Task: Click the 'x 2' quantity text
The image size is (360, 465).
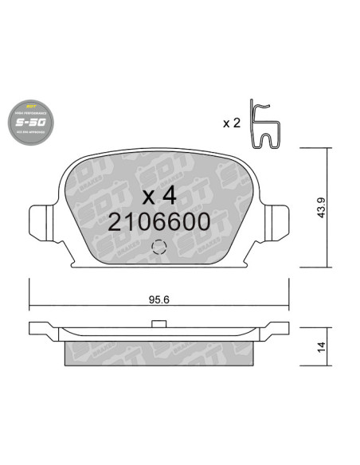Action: (230, 124)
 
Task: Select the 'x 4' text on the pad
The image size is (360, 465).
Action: (158, 196)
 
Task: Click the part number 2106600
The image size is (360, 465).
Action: (158, 223)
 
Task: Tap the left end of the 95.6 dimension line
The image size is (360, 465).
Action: (30, 307)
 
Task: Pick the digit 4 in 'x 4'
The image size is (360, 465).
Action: (168, 196)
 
